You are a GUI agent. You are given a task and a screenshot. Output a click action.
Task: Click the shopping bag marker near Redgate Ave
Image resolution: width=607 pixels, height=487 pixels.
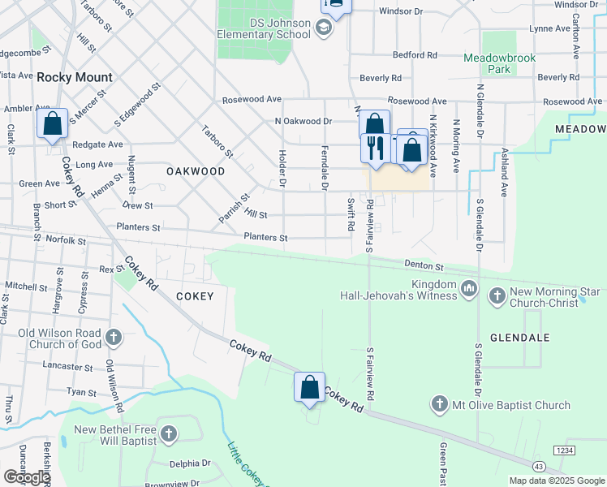pos(53,124)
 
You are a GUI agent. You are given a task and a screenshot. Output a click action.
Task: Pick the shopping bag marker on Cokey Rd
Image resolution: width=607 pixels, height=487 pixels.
pos(309,386)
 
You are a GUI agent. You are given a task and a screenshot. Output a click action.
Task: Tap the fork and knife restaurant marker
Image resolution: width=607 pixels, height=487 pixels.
pos(374,148)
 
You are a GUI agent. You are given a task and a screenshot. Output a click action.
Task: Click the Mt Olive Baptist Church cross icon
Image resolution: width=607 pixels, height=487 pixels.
pos(439,403)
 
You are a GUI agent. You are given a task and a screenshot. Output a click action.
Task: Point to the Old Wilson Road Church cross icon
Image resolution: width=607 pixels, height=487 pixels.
pos(114,336)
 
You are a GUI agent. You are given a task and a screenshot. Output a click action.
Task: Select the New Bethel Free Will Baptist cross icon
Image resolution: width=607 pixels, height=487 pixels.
pos(169,434)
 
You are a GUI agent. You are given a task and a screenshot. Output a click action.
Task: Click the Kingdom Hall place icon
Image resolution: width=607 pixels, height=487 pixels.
pos(469,288)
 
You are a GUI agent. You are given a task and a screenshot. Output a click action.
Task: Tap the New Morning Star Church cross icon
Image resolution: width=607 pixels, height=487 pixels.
pos(497,296)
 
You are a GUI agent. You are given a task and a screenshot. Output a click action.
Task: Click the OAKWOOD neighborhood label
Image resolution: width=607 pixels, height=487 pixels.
pos(196,171)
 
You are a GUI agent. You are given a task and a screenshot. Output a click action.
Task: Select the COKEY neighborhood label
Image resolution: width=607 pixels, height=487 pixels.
pos(195,296)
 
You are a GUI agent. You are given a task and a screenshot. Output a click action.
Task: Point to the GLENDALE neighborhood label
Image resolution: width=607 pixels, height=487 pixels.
pos(520,337)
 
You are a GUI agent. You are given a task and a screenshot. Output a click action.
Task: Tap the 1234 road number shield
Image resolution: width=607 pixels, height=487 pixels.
pos(564,449)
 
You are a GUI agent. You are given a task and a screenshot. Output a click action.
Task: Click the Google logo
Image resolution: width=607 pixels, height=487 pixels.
pos(27,477)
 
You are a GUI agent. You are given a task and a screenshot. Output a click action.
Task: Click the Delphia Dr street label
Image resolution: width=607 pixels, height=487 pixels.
pos(190,464)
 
